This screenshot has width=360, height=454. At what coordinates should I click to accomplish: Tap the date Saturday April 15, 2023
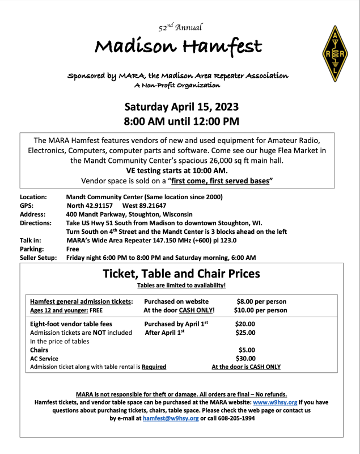coord(181,107)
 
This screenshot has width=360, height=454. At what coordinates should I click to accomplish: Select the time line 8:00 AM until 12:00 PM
coord(181,121)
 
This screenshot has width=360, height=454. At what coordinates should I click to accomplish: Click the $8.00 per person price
coord(261,301)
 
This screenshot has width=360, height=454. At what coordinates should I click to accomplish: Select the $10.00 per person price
coord(260,310)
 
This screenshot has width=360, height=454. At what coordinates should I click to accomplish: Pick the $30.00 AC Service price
coord(245,359)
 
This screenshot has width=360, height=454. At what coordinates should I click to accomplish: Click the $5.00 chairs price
coord(247,350)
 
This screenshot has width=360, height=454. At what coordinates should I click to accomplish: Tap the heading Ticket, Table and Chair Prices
coord(181,274)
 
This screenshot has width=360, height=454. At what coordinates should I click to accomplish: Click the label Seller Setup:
coord(38,258)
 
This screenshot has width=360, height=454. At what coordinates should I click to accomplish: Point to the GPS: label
coord(27,205)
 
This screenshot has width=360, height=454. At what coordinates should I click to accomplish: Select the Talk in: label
coord(30,240)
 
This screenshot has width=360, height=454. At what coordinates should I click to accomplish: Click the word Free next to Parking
coord(73,249)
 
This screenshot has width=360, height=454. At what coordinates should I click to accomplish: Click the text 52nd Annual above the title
coord(180,27)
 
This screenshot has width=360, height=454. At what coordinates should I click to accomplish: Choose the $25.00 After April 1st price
coord(245,333)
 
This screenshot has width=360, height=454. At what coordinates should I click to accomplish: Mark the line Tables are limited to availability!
coord(181,285)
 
